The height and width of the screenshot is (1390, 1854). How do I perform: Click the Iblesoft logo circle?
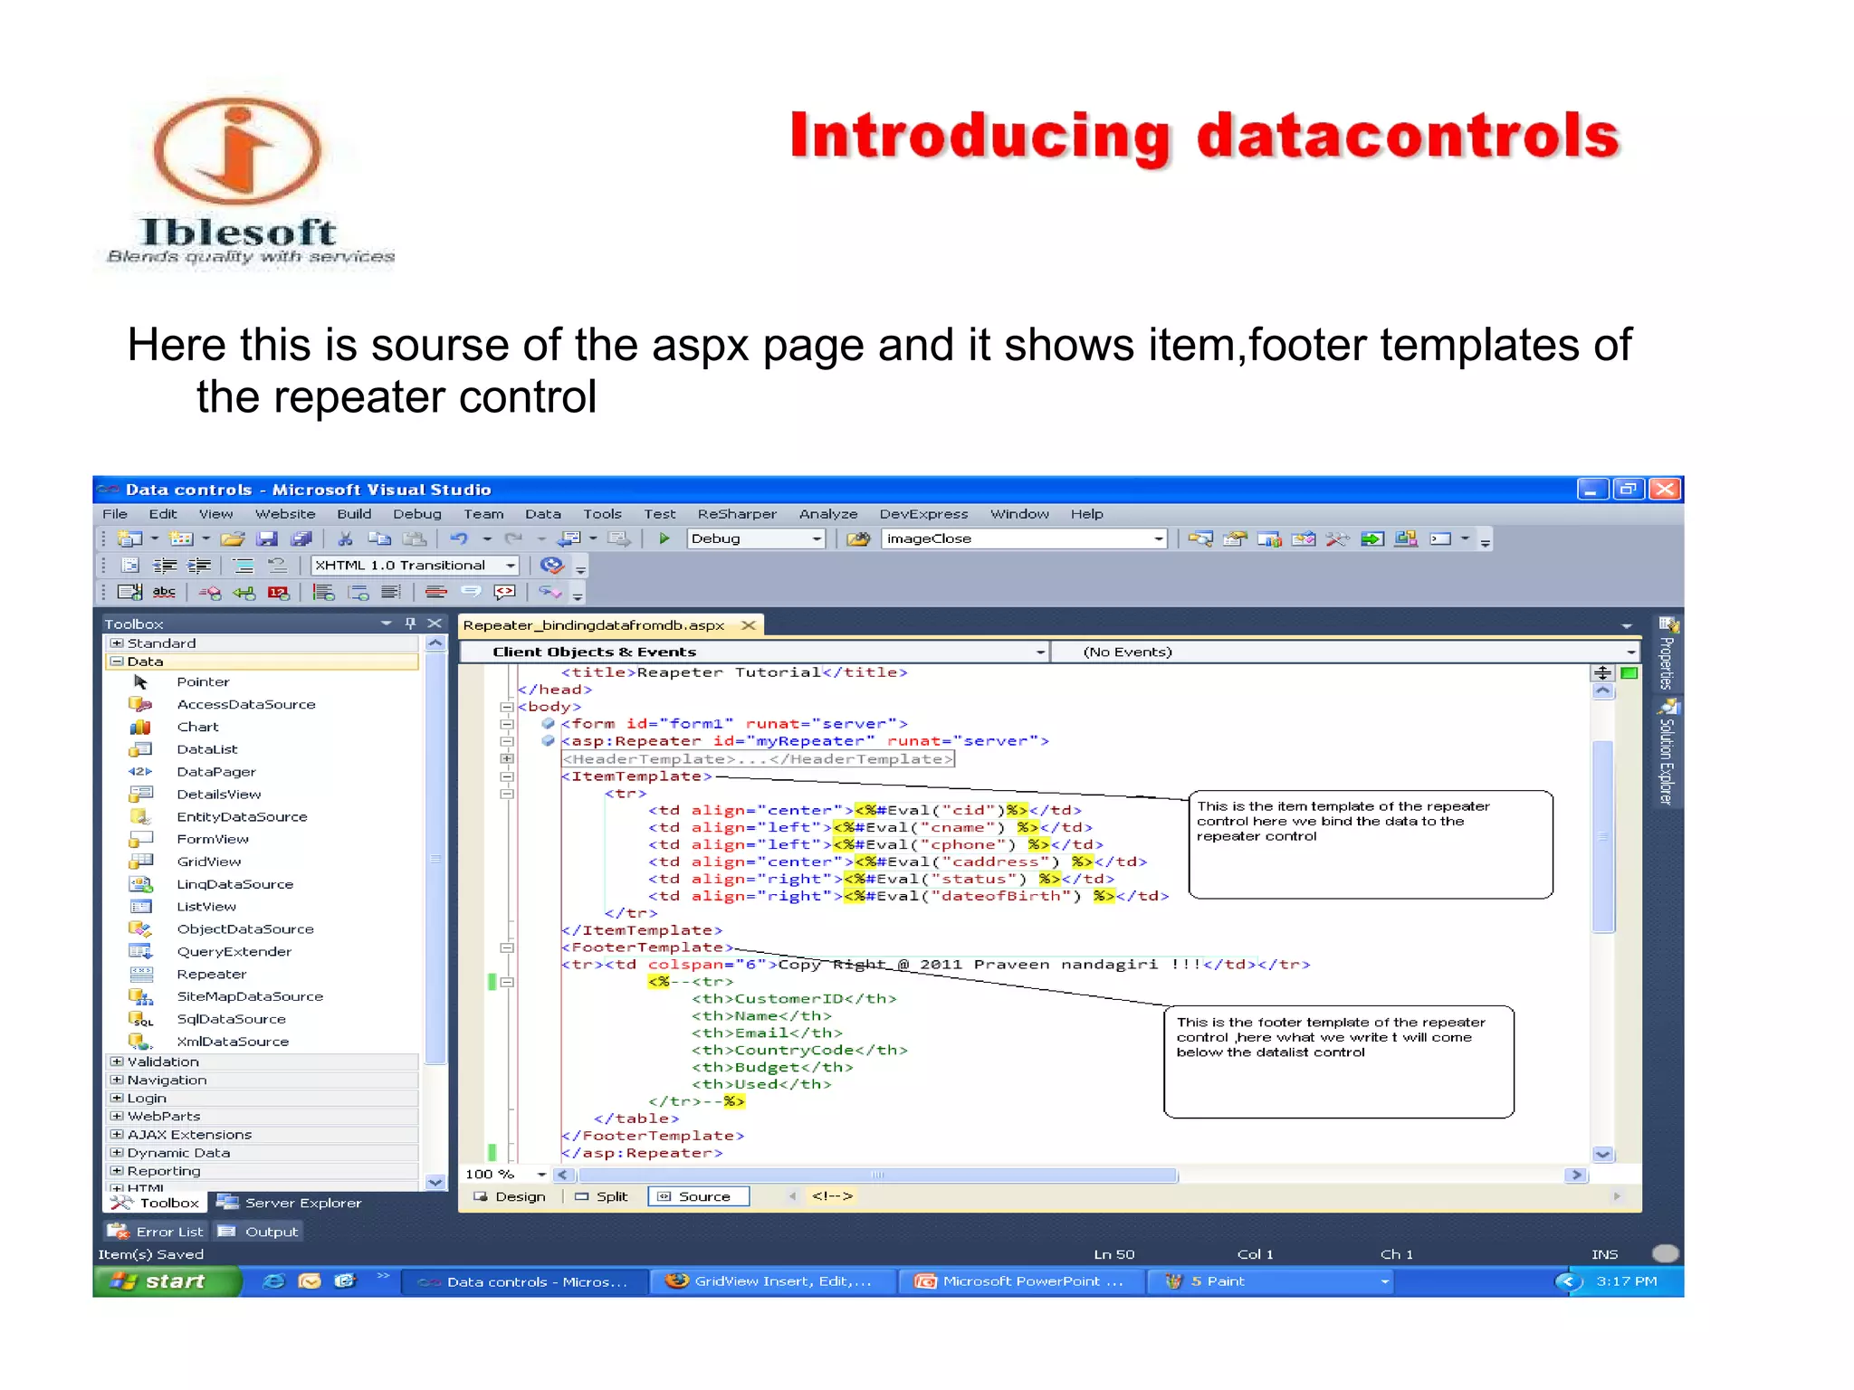point(237,150)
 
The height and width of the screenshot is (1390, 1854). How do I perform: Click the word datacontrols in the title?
point(1407,136)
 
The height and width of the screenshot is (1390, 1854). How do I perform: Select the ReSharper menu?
point(736,514)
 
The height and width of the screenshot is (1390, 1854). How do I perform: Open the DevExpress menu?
point(922,514)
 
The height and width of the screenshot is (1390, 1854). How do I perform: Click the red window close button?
point(1664,490)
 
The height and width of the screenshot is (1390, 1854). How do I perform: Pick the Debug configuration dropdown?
point(755,538)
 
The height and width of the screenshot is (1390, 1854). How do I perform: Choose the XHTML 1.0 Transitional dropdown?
point(414,566)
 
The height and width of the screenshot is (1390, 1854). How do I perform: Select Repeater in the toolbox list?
point(211,975)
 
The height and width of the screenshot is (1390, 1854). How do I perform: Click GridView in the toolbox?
point(208,862)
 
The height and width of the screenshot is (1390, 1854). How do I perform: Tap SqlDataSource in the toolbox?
point(231,1019)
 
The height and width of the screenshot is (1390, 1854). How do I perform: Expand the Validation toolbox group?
point(117,1062)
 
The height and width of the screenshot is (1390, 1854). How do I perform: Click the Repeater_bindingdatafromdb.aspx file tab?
point(594,625)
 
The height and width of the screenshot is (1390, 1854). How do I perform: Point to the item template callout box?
point(1370,844)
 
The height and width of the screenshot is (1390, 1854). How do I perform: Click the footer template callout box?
point(1338,1062)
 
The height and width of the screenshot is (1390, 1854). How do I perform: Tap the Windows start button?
point(166,1281)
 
